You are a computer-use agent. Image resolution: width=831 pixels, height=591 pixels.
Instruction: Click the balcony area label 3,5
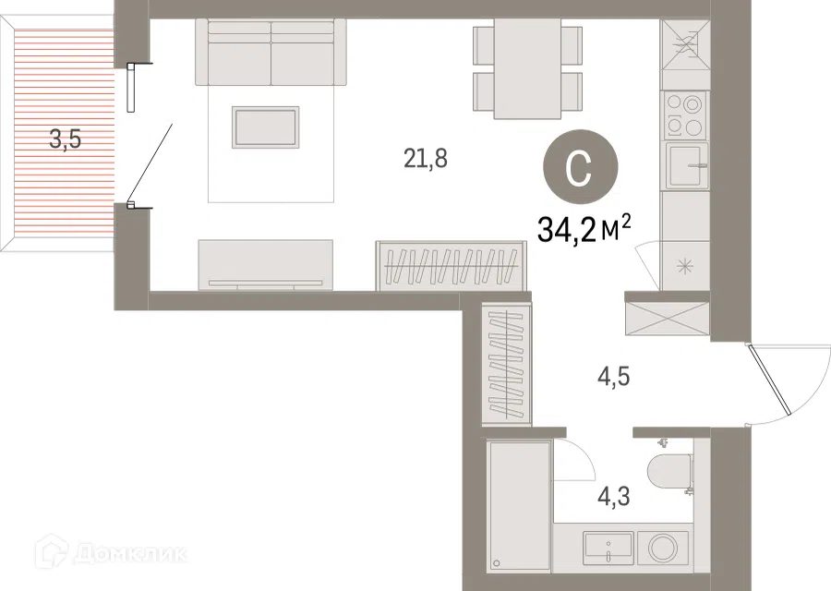click(66, 140)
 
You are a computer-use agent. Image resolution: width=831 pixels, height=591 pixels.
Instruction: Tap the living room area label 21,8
click(426, 158)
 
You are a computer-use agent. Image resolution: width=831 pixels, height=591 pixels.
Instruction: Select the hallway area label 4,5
click(614, 378)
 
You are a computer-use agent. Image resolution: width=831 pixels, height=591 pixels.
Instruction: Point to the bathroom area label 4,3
click(614, 497)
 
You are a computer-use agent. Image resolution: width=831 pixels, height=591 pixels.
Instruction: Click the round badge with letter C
click(581, 167)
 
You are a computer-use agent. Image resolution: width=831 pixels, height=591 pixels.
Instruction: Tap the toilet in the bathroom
click(670, 469)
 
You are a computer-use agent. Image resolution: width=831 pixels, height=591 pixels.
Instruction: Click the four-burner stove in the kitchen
click(685, 115)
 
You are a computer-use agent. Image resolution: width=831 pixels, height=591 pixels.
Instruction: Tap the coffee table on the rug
click(266, 127)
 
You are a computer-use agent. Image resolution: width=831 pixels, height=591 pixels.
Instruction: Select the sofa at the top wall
click(271, 52)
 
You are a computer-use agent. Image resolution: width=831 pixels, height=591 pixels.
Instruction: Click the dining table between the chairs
click(527, 69)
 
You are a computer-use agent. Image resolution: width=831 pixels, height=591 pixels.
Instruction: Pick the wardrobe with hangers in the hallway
click(507, 364)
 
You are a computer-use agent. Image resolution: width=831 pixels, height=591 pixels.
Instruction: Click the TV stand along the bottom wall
click(266, 265)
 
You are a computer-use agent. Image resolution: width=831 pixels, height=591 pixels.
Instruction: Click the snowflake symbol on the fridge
click(685, 266)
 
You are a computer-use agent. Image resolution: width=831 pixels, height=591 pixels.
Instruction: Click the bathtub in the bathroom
click(520, 506)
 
